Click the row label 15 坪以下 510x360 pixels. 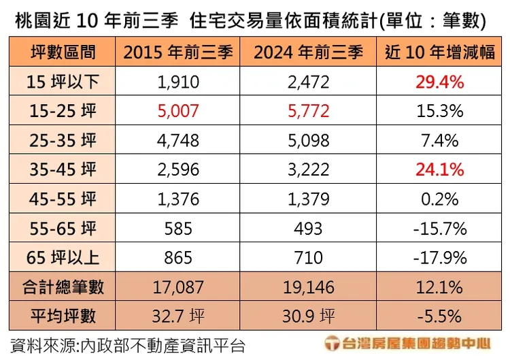[63, 82]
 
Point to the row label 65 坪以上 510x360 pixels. [63, 258]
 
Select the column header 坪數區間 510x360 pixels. [63, 52]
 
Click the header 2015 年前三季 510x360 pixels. [177, 52]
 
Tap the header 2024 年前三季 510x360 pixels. [309, 52]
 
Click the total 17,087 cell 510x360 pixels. [177, 287]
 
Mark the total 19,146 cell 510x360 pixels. [309, 287]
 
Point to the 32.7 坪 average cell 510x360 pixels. [177, 316]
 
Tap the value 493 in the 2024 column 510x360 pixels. [309, 229]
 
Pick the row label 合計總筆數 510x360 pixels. [63, 287]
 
